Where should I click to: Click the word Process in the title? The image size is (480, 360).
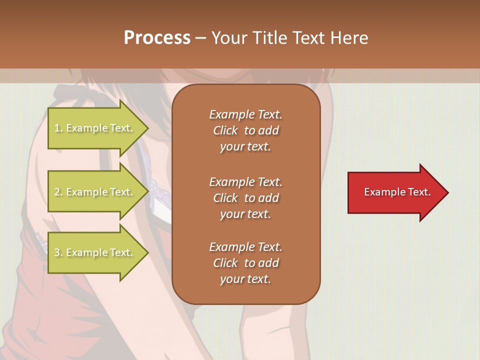pos(157,38)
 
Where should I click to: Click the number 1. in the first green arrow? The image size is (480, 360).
pos(58,128)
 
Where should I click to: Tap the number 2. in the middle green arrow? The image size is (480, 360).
pos(58,192)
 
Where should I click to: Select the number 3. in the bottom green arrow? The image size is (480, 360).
pos(58,252)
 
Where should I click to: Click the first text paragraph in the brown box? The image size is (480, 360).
pos(245,130)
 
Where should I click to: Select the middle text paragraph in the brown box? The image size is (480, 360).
pos(245,197)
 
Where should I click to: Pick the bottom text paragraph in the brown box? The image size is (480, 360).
pos(245,263)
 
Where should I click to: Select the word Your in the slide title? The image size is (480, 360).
pos(228,38)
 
